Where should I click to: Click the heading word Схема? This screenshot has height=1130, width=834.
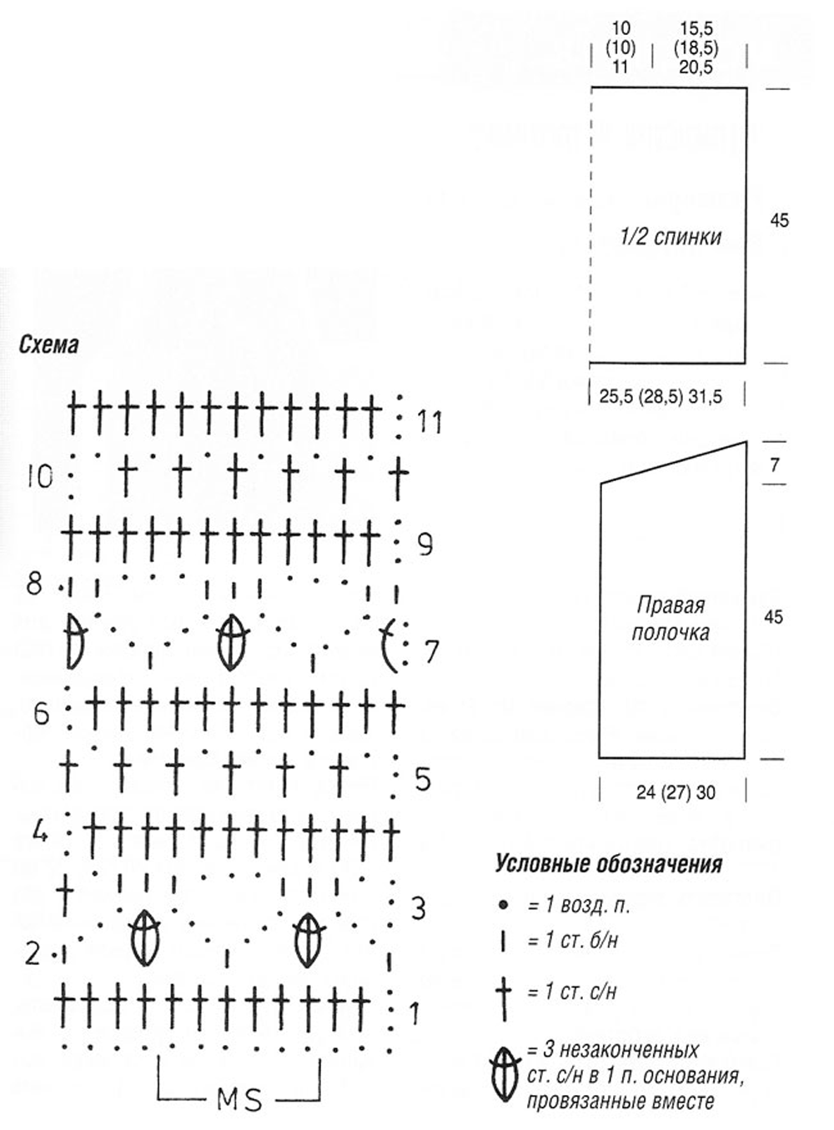point(48,344)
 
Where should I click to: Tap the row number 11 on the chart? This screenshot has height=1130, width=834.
point(430,423)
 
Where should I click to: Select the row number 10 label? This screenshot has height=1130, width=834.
point(39,477)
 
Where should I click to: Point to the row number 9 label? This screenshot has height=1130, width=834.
point(425,545)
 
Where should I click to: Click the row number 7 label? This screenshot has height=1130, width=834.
point(431,652)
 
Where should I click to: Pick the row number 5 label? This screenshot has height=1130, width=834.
point(424,780)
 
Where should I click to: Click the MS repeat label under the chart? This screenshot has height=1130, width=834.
point(240,1100)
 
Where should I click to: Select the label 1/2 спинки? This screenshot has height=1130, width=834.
point(671,237)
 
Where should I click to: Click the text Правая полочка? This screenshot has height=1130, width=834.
point(671,618)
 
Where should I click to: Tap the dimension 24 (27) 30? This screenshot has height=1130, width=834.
point(676,792)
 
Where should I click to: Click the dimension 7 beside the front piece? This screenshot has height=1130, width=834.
point(775,465)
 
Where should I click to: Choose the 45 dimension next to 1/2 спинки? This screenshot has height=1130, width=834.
point(779,221)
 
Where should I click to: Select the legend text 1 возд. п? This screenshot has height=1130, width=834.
point(577,905)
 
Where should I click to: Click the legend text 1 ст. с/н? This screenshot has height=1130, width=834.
point(572,992)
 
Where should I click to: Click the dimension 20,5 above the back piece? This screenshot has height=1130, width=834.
point(696,68)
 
